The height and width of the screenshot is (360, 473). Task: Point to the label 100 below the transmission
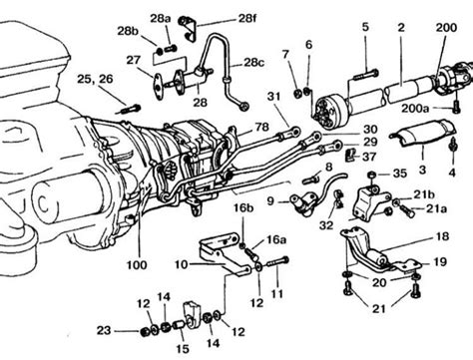134,265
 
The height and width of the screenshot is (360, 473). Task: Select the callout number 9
269,200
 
